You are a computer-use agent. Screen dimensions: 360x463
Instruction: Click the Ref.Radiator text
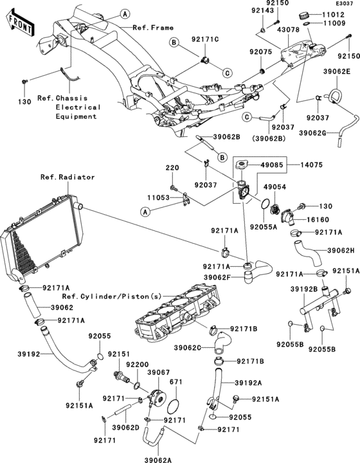(67, 177)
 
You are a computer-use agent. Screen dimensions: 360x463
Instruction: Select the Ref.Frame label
(153, 28)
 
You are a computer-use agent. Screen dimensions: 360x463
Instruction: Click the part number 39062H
(341, 251)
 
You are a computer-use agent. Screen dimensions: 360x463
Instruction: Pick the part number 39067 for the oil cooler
(159, 372)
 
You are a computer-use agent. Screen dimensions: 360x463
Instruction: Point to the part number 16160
(318, 220)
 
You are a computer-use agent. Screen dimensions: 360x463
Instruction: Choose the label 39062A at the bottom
(158, 460)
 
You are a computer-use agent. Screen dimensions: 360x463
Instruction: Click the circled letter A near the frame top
(125, 14)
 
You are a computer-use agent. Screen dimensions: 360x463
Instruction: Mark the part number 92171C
(205, 39)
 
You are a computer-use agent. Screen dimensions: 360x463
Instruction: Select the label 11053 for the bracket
(159, 197)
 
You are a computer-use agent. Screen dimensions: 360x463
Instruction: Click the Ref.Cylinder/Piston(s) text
(112, 296)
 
